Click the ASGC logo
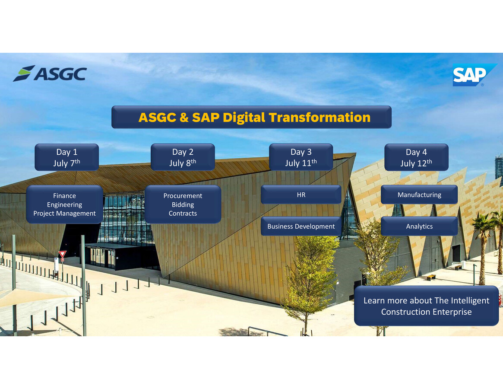pyautogui.click(x=50, y=73)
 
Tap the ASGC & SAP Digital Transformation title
pyautogui.click(x=251, y=117)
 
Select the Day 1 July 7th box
pyautogui.click(x=66, y=157)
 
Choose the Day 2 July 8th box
pyautogui.click(x=183, y=157)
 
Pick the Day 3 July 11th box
pyautogui.click(x=301, y=157)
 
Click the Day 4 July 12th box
pyautogui.click(x=416, y=157)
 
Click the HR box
pyautogui.click(x=301, y=195)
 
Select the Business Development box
pyautogui.click(x=301, y=226)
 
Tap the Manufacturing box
pyautogui.click(x=419, y=195)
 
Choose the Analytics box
pyautogui.click(x=419, y=226)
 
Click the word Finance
pyautogui.click(x=64, y=196)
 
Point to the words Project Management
pyautogui.click(x=64, y=214)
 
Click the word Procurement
pyautogui.click(x=183, y=196)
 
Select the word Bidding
pyautogui.click(x=183, y=205)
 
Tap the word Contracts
pyautogui.click(x=183, y=214)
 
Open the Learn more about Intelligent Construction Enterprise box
pyautogui.click(x=426, y=306)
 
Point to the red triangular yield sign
pyautogui.click(x=62, y=254)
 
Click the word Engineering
pyautogui.click(x=64, y=205)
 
